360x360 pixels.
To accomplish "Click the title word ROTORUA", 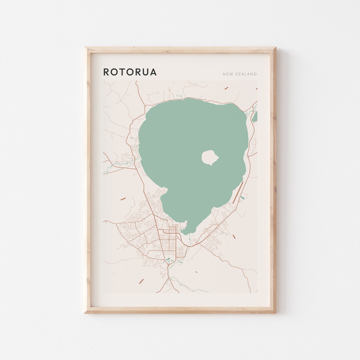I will point(130,72).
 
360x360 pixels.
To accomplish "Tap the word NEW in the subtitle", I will point(228,74).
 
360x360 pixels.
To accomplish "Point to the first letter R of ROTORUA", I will point(106,72).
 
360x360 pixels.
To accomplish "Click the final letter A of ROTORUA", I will point(153,72).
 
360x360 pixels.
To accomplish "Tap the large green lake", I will point(187,140).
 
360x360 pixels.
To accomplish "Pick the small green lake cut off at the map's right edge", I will point(255,117).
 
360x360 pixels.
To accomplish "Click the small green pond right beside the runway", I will point(242,198).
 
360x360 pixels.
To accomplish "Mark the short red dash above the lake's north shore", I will point(226,88).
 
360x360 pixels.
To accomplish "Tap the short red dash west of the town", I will point(123,199).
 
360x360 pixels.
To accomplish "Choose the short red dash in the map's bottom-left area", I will point(141,281).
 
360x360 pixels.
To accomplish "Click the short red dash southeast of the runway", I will point(234,237).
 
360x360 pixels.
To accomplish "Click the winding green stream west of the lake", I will point(120,163).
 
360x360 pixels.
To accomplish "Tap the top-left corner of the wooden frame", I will point(85,48).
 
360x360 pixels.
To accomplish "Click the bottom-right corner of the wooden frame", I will point(275,312).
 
